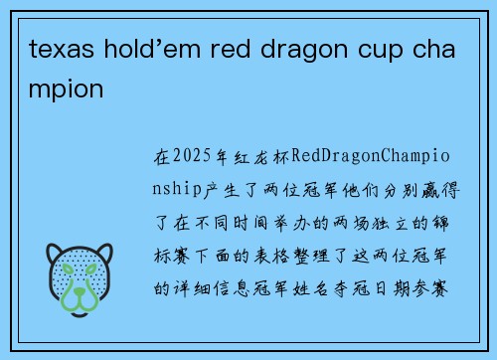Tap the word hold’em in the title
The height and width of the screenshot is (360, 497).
(138, 50)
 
